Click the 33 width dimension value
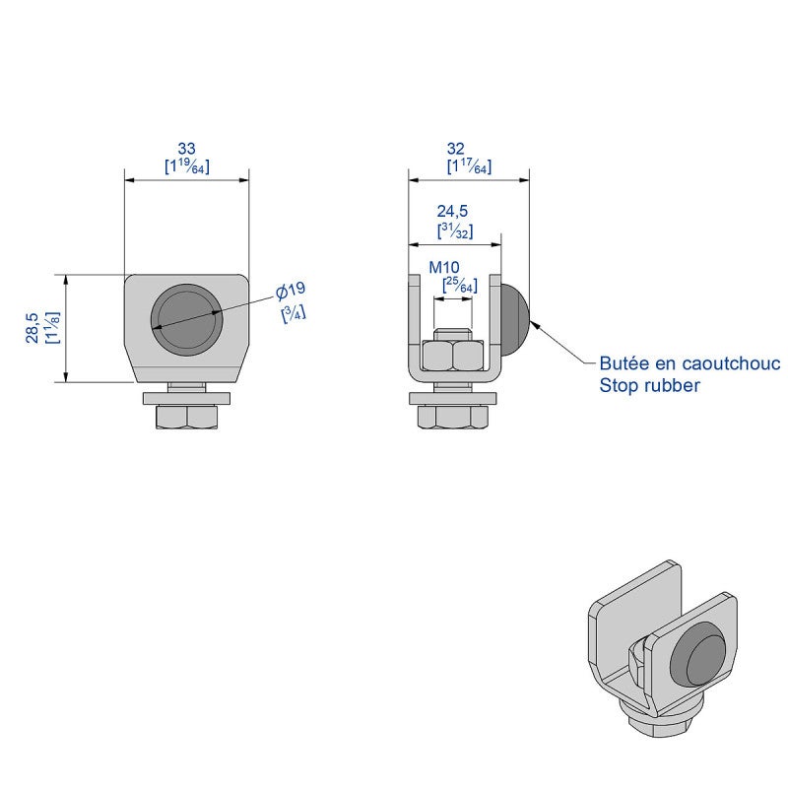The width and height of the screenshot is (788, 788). [186, 149]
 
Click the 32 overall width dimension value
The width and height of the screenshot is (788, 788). [456, 149]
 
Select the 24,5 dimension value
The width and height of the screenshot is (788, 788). [452, 211]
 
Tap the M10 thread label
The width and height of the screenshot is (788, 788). [444, 267]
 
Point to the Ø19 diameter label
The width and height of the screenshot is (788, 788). [291, 291]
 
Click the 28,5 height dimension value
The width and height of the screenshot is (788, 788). [33, 328]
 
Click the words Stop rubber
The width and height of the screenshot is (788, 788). [649, 385]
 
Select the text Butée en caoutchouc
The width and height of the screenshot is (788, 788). [690, 362]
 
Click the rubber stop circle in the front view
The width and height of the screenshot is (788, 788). [186, 318]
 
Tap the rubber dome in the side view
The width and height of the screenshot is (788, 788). [514, 318]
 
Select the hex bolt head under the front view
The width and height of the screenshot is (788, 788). [187, 417]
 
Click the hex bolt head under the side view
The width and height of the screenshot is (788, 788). [453, 417]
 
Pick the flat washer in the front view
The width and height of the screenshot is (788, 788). [187, 399]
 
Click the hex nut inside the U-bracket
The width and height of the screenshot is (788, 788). [453, 355]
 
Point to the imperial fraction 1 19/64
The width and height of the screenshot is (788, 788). [187, 166]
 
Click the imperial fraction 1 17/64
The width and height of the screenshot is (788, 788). [470, 166]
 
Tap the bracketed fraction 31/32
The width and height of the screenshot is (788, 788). [455, 230]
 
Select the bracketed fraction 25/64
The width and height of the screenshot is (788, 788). [460, 285]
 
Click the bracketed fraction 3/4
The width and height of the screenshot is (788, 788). [294, 313]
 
